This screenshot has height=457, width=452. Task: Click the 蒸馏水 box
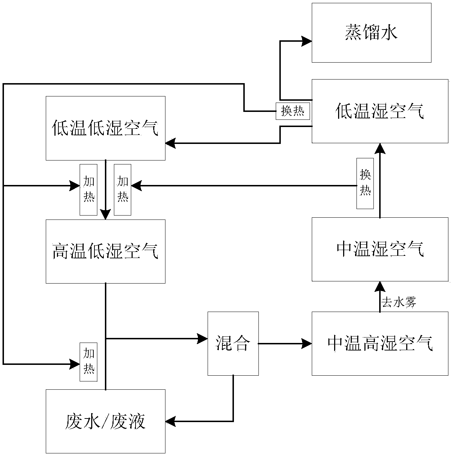pyautogui.click(x=371, y=33)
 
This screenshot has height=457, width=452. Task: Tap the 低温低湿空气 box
pyautogui.click(x=105, y=128)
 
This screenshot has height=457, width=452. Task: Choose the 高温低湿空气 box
pyautogui.click(x=105, y=251)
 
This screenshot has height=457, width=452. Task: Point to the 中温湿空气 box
pyautogui.click(x=380, y=249)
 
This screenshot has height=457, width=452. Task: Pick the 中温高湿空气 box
pyautogui.click(x=380, y=344)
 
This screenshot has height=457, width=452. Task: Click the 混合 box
pyautogui.click(x=233, y=343)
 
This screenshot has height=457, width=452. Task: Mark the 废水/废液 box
pyautogui.click(x=105, y=421)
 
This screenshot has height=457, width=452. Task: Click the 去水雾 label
pyautogui.click(x=399, y=303)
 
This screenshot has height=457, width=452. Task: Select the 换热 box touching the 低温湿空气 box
pyautogui.click(x=293, y=111)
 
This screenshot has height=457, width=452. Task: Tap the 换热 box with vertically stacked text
pyautogui.click(x=365, y=184)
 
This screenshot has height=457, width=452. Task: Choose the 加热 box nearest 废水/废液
pyautogui.click(x=89, y=362)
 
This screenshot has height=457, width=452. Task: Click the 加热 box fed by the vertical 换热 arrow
pyautogui.click(x=123, y=190)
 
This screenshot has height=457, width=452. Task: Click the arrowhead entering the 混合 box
pyautogui.click(x=203, y=338)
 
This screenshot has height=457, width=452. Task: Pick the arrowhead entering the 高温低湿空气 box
pyautogui.click(x=105, y=215)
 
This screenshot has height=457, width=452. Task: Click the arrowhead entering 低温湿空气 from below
pyautogui.click(x=380, y=148)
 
